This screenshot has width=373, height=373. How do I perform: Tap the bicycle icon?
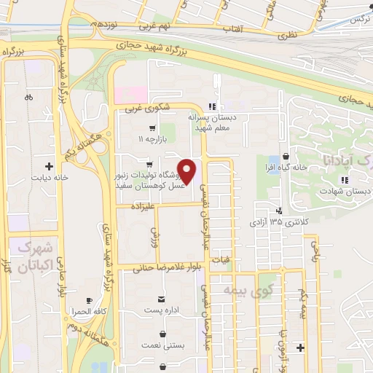28,96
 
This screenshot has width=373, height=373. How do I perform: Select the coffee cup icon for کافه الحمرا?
90,300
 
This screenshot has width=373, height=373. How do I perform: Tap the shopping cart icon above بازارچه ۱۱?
152,128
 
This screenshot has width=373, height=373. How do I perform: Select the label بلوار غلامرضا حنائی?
165,268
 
